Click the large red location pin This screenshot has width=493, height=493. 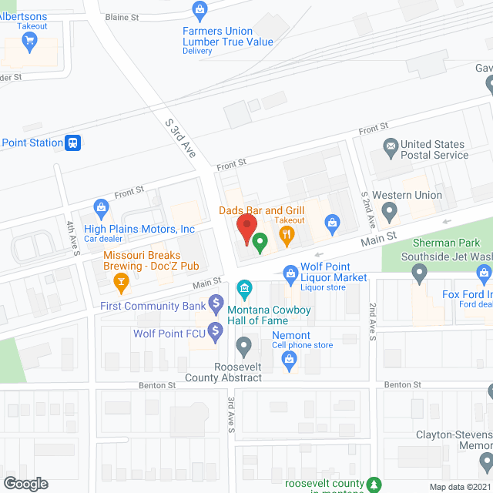pyautogui.click(x=245, y=230)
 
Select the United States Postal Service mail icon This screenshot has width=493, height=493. pyautogui.click(x=390, y=146)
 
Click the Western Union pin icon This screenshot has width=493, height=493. pyautogui.click(x=390, y=210)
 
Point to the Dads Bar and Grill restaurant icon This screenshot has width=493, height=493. pyautogui.click(x=287, y=235)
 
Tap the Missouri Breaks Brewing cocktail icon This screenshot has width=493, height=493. pyautogui.click(x=120, y=283)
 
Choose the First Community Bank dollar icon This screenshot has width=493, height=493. pyautogui.click(x=216, y=303)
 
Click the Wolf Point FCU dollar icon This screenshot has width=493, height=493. pyautogui.click(x=216, y=332)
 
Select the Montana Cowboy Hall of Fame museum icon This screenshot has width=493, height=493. pyautogui.click(x=244, y=290)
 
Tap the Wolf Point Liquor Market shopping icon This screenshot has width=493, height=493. pyautogui.click(x=290, y=272)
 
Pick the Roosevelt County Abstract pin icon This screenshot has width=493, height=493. pyautogui.click(x=244, y=344)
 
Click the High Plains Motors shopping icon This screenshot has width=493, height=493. pyautogui.click(x=101, y=206)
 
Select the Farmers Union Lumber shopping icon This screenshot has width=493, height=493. pyautogui.click(x=200, y=11)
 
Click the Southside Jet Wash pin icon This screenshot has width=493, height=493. pyautogui.click(x=419, y=272)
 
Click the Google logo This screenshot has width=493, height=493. pyautogui.click(x=25, y=483)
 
